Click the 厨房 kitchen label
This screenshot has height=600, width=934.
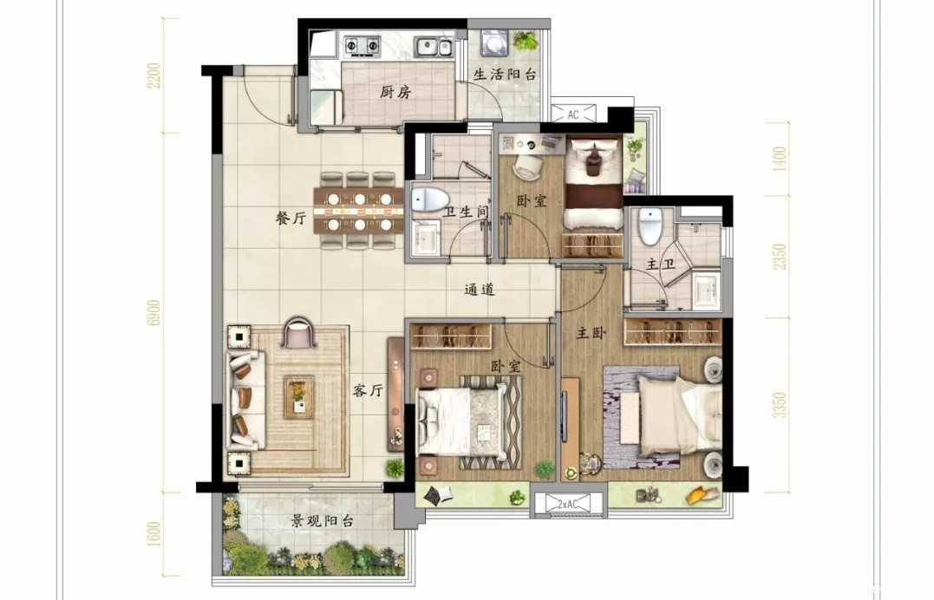click(x=395, y=93)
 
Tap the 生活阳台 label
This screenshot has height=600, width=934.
click(x=505, y=75)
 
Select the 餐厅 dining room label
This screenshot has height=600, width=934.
click(x=291, y=218)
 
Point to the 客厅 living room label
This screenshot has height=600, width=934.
click(x=368, y=391)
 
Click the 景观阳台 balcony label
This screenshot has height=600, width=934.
click(x=322, y=521)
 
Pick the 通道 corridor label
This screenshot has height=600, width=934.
click(x=480, y=290)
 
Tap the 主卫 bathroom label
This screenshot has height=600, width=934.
click(x=661, y=264)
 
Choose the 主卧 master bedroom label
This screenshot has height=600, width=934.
click(x=591, y=333)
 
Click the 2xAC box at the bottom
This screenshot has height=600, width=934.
click(x=568, y=504)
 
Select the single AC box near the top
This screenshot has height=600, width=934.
click(x=573, y=114)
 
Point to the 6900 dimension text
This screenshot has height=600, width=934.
click(x=155, y=312)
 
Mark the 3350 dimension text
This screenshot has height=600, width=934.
click(x=780, y=405)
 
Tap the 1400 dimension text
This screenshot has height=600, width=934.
click(x=780, y=159)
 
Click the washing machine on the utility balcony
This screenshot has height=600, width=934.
click(x=493, y=43)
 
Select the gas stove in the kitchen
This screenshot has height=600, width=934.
click(x=362, y=45)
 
